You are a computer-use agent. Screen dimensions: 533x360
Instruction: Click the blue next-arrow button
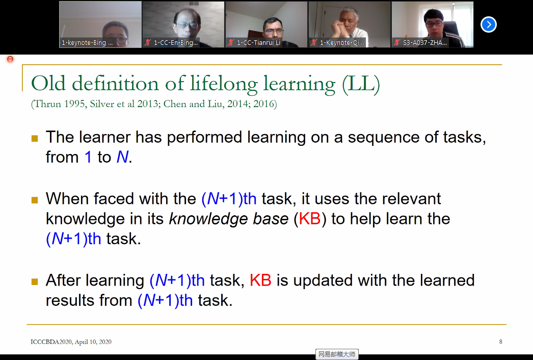point(489,24)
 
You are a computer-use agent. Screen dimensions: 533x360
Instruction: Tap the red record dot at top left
point(10,59)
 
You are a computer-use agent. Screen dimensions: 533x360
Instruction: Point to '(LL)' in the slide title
point(361,84)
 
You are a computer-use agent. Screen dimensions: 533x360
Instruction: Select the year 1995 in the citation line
point(74,104)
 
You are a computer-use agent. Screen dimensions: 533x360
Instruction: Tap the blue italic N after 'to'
point(122,157)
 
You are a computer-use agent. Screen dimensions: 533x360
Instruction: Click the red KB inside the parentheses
point(310,218)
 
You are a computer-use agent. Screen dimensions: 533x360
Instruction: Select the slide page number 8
point(500,341)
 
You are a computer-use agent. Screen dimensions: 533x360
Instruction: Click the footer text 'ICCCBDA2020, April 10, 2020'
point(71,342)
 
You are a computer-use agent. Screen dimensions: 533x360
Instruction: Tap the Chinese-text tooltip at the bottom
point(337,354)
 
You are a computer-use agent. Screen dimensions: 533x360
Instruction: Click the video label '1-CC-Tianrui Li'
point(258,42)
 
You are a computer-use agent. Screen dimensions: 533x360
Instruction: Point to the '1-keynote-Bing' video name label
point(87,42)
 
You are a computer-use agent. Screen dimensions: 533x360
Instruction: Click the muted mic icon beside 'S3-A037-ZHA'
point(396,42)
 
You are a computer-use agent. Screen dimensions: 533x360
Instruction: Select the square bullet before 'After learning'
point(35,281)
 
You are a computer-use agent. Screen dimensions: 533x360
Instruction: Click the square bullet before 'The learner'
point(35,138)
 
